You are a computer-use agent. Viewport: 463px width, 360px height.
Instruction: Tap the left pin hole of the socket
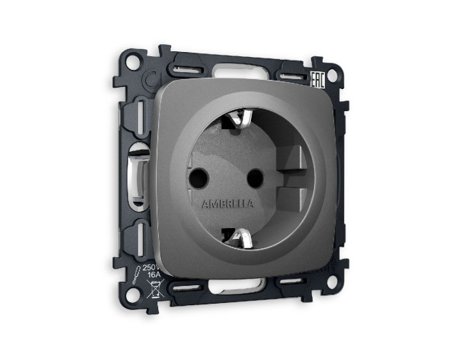pyautogui.click(x=197, y=175)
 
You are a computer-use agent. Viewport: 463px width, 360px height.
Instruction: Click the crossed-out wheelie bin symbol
pyautogui.click(x=152, y=291)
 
